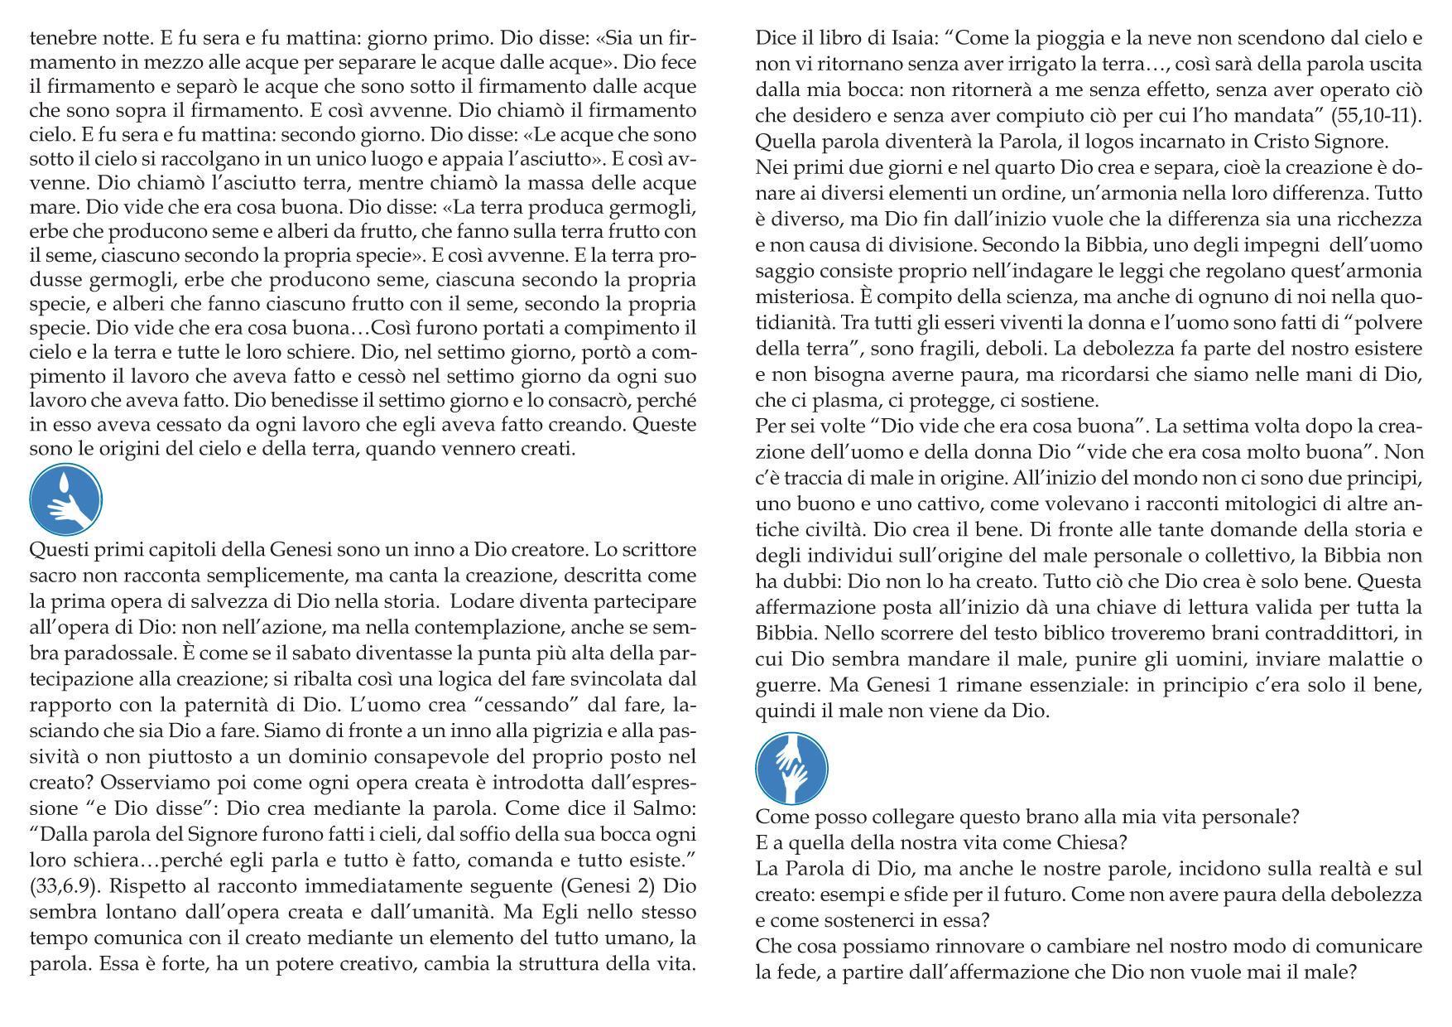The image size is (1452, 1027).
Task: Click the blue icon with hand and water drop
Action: click(66, 499)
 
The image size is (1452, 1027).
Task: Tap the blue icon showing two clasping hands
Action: click(791, 768)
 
